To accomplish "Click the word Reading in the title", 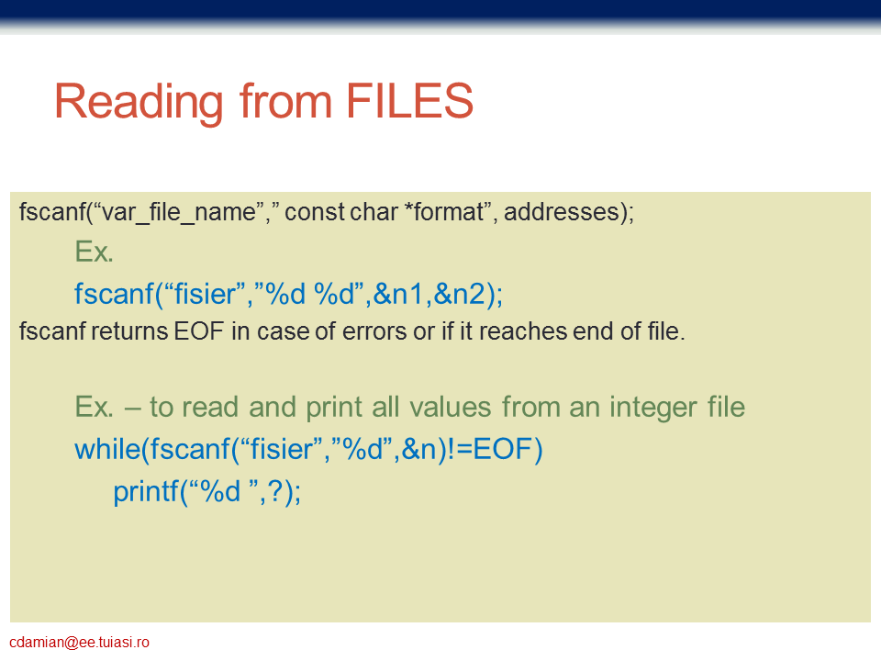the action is [139, 103].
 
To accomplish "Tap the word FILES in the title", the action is [409, 101].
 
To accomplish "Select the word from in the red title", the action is [285, 101].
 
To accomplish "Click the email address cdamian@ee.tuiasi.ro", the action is [79, 643].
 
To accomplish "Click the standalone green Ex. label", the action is [95, 252].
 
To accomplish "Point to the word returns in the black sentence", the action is [129, 331].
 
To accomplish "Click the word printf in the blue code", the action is [146, 492].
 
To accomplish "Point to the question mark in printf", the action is [274, 491].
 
